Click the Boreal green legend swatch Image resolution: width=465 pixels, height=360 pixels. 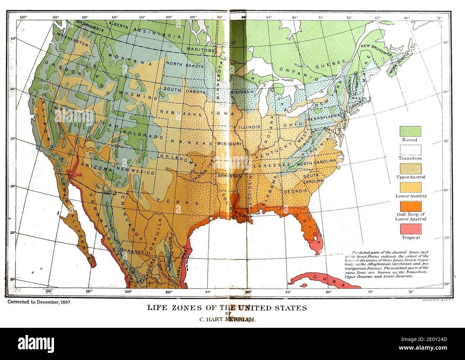410,131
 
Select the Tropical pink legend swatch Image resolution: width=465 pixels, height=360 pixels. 410,228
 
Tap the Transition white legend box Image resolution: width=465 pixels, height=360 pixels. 410,150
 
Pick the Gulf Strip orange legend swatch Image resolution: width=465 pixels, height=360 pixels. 410,207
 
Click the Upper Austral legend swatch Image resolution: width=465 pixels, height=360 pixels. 410,169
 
